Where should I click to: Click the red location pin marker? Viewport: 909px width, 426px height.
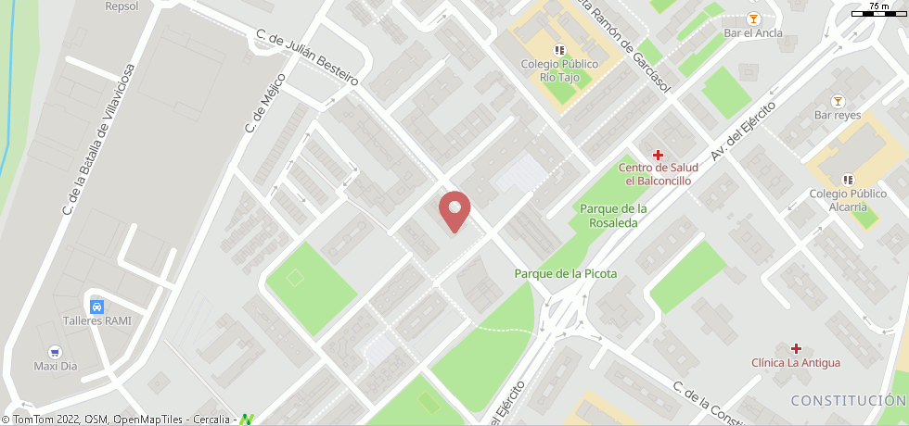point(454,210)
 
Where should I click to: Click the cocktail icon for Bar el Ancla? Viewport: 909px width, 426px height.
point(752,19)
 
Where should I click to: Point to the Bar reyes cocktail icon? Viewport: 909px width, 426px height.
point(838,100)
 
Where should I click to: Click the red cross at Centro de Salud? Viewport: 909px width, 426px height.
point(659,154)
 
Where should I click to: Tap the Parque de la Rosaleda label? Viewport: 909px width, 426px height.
point(613,216)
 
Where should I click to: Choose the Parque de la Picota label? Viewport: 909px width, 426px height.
point(565,273)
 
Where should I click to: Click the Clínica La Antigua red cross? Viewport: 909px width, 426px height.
point(795,348)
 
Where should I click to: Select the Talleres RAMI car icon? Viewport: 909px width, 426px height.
point(96,306)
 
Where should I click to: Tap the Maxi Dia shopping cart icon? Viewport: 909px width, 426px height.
point(55,352)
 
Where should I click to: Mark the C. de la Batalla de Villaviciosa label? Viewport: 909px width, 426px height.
point(99,140)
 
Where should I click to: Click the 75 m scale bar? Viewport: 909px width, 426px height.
point(877,11)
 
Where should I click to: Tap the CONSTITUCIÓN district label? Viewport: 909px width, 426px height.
point(848,400)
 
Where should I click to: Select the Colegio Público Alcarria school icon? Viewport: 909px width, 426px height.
point(847,179)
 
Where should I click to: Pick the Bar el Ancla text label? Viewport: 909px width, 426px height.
point(752,33)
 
